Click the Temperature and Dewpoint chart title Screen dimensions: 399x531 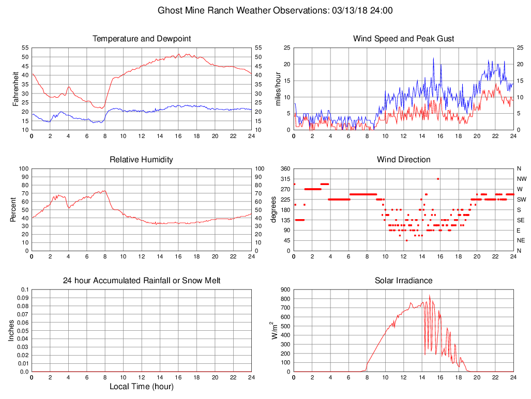[x=142, y=39]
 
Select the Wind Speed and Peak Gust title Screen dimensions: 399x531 [x=404, y=39]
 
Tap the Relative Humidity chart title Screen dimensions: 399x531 [x=142, y=160]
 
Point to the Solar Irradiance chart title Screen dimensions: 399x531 [x=404, y=281]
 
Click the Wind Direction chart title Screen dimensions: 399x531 [x=404, y=160]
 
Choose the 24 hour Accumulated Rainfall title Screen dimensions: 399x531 [x=142, y=281]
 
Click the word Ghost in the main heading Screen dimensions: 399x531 [x=170, y=10]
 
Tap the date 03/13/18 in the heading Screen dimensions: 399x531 [x=347, y=10]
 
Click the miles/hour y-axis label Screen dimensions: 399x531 [x=278, y=88]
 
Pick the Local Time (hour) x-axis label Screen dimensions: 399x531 [x=142, y=387]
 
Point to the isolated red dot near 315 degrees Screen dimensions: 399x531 [x=438, y=179]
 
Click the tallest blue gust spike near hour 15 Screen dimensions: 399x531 [x=433, y=58]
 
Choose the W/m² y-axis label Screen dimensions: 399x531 [x=275, y=330]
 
